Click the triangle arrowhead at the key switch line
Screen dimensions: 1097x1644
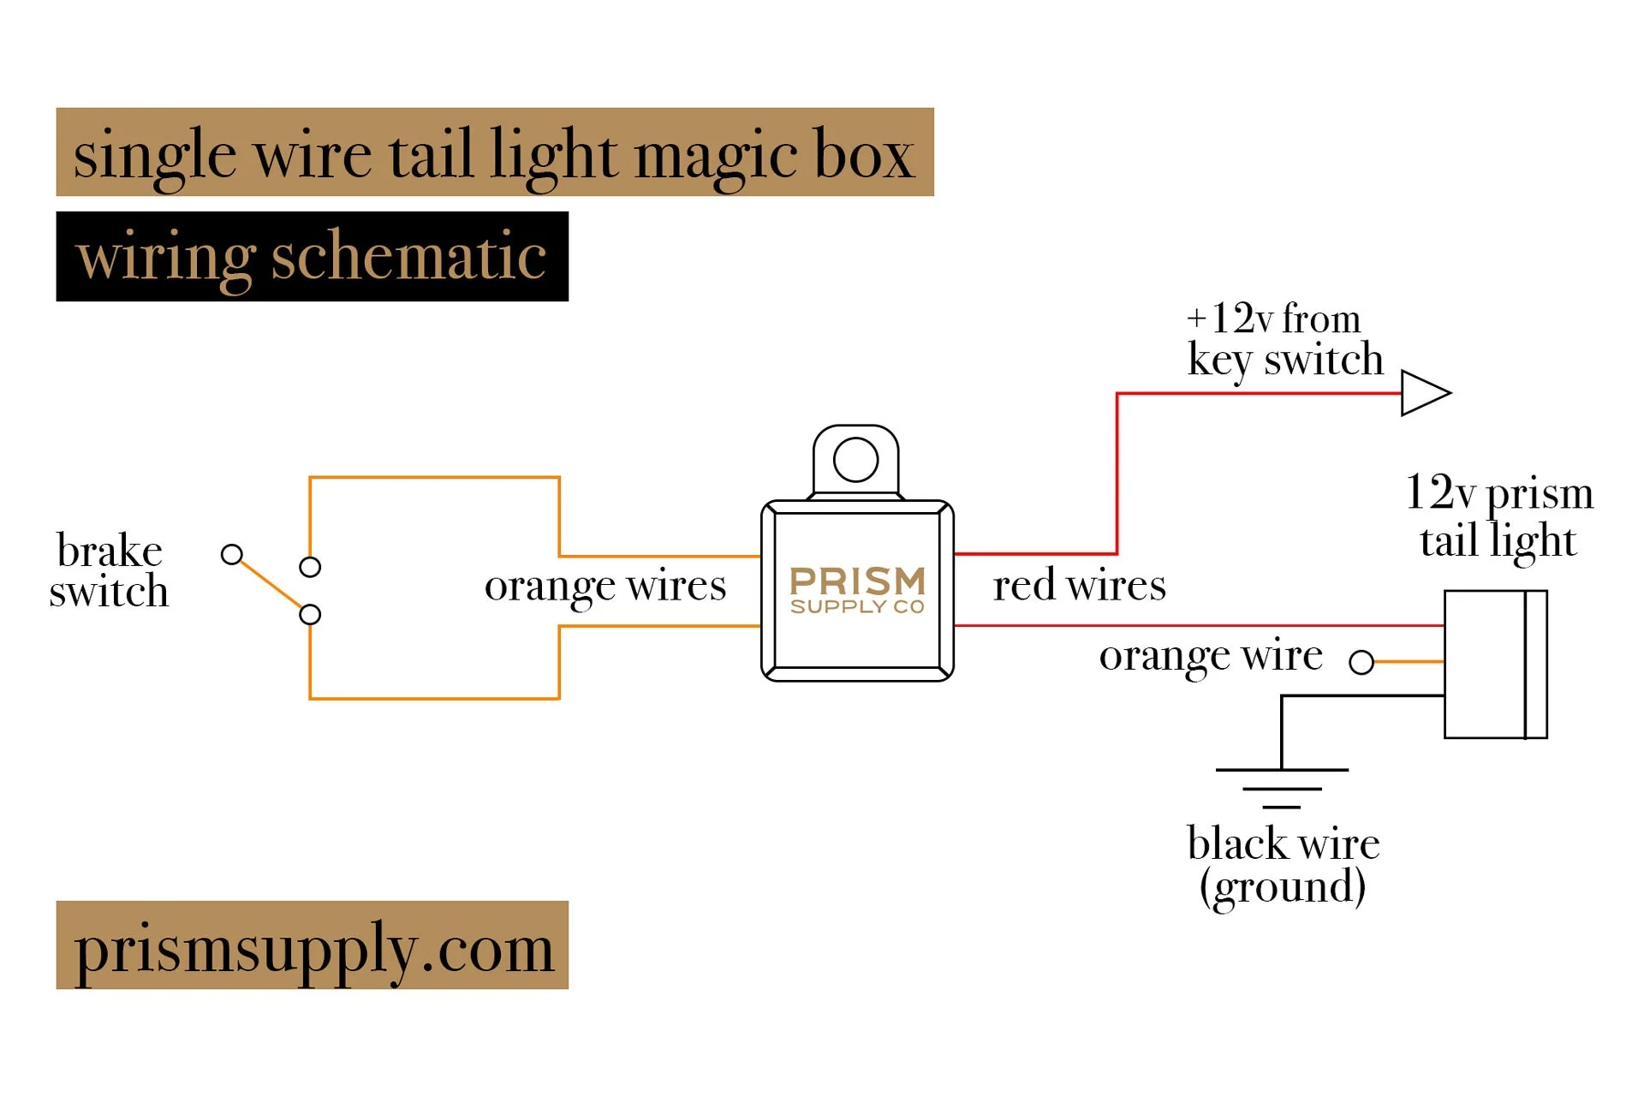coord(1424,393)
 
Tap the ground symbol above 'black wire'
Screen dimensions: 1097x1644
coord(1282,787)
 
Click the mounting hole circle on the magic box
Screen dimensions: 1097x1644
coord(855,460)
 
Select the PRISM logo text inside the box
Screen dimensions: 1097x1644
coord(857,581)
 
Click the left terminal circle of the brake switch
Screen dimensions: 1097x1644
coord(231,554)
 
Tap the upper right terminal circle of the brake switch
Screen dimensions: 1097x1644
coord(310,567)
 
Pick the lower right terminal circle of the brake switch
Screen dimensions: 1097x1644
coord(310,614)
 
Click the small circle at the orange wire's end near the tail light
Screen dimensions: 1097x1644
coord(1361,662)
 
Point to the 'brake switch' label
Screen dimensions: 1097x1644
coord(109,570)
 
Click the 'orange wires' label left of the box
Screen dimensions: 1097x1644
coord(605,587)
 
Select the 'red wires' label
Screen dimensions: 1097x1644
coord(1079,587)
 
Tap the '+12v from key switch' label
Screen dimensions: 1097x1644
coord(1284,340)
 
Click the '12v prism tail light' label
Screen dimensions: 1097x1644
coord(1498,516)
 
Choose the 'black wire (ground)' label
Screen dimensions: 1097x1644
coord(1283,865)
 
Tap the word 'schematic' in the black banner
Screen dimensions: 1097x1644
coord(408,257)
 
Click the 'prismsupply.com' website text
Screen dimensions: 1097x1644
coord(313,947)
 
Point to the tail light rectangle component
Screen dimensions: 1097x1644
coord(1494,664)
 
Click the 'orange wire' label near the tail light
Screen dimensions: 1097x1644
coord(1210,657)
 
